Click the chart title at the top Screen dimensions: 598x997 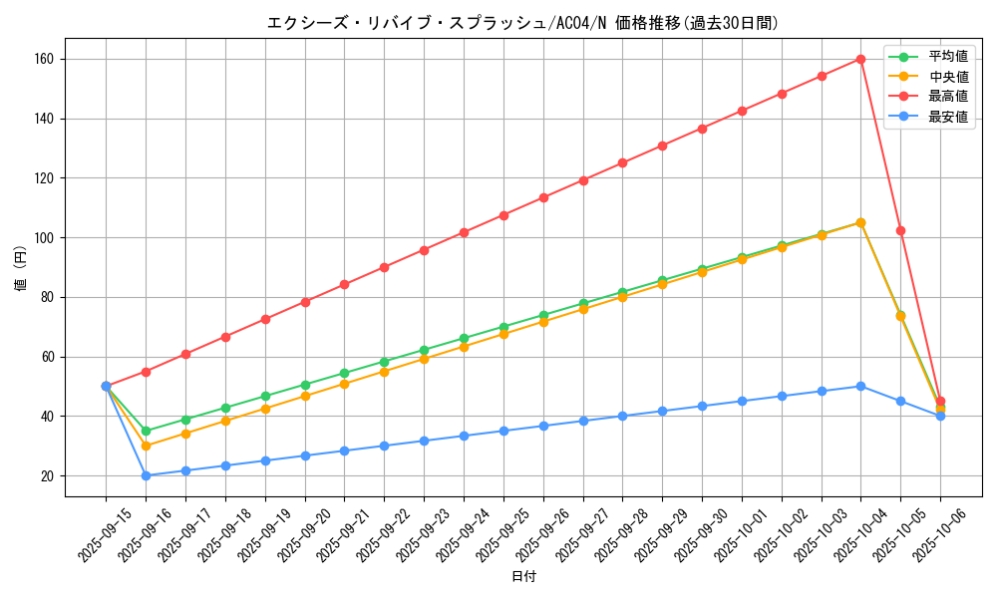pos(522,23)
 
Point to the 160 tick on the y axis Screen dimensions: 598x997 pos(46,59)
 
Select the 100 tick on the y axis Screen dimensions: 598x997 pos(46,238)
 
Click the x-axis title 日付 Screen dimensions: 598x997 pos(523,577)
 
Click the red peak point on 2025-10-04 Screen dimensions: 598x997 pos(860,59)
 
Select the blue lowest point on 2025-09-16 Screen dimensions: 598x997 pos(146,475)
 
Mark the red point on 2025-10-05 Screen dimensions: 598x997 pos(900,230)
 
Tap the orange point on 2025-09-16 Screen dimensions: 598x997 pos(146,446)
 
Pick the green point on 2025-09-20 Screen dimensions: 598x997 pos(305,385)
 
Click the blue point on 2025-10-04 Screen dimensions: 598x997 pos(860,386)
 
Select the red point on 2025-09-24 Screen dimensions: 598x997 pos(464,232)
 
